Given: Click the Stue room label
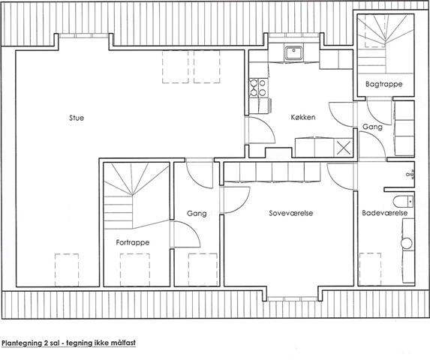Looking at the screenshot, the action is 77,118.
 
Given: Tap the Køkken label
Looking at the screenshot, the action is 303,117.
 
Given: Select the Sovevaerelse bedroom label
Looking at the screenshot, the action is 291,213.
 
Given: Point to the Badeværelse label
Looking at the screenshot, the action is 384,213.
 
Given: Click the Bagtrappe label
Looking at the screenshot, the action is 384,84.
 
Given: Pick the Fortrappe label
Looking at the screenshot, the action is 133,242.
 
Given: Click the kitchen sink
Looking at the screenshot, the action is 293,53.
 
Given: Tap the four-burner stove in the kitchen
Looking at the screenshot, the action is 258,88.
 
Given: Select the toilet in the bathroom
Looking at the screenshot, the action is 403,202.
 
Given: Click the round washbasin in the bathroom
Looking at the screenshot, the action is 407,243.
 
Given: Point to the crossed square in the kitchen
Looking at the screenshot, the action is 344,148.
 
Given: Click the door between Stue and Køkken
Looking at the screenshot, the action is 260,130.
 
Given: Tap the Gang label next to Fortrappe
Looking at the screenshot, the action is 197,214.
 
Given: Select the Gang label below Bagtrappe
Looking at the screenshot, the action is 372,127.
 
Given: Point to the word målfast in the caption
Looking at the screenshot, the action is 125,343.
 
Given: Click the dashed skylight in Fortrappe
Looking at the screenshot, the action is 135,270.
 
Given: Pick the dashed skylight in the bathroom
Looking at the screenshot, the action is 370,269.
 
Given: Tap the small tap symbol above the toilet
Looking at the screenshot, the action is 410,174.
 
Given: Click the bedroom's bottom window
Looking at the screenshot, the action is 293,299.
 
